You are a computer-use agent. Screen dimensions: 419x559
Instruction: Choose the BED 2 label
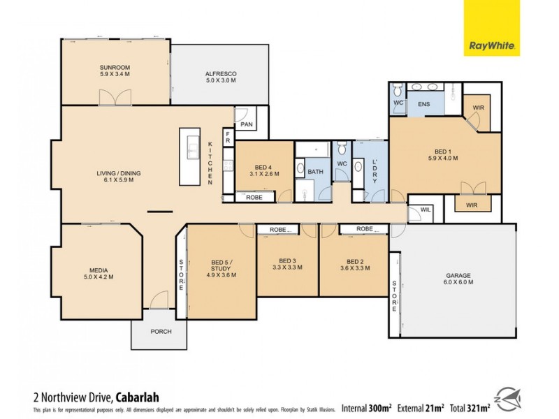pos(351,264)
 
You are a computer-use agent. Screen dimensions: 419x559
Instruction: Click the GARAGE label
pos(459,278)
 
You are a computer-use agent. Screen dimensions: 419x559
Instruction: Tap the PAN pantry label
pos(246,124)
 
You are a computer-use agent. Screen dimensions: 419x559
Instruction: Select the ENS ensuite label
pos(423,104)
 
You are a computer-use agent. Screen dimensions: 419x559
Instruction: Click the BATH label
pos(315,171)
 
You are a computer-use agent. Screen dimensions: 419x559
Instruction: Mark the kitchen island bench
pos(190,156)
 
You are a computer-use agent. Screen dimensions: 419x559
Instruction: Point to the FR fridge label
pos(228,138)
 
